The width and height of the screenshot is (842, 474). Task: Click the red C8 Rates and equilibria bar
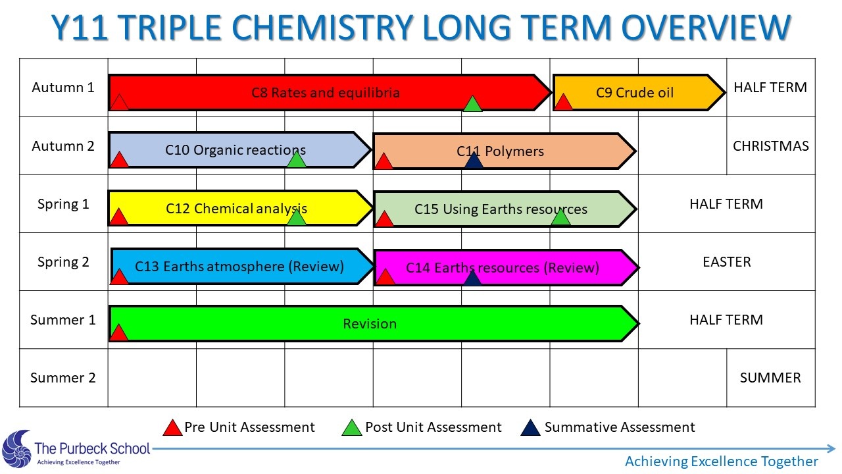point(330,93)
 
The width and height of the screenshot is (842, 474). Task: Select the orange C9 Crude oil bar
point(639,93)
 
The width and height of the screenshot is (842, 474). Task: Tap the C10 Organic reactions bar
point(240,149)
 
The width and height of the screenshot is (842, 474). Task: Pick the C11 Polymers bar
point(505,151)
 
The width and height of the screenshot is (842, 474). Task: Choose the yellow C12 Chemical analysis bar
point(241,209)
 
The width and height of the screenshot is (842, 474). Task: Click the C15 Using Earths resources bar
point(505,209)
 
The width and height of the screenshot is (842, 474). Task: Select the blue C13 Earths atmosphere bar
point(243,267)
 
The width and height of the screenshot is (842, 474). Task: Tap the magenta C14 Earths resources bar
point(507,267)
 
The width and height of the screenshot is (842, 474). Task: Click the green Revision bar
point(374,323)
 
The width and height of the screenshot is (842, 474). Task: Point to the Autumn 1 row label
point(63,88)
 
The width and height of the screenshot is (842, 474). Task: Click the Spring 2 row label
point(63,262)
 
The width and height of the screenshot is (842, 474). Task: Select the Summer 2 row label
point(63,378)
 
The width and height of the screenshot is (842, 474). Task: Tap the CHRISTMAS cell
point(770,146)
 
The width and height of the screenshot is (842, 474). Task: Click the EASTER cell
point(727,262)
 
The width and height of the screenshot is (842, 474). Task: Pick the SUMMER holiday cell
point(770,378)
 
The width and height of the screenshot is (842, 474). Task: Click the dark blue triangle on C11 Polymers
point(474,160)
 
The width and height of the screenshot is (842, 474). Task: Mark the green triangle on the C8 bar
point(472,104)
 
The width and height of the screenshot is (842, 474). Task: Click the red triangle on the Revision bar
point(118,332)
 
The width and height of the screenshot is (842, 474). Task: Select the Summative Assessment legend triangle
point(530,428)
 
